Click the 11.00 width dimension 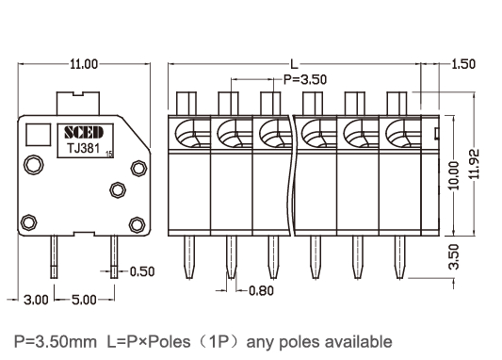pos(83,64)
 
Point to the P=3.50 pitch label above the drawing pos(304,80)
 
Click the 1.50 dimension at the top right pos(462,64)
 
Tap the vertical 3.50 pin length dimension pos(454,253)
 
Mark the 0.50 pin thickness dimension pos(141,271)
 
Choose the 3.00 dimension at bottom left pos(36,300)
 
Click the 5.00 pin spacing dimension pos(84,300)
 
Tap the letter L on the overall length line pos(293,64)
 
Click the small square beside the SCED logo pos(39,133)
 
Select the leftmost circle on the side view pos(33,165)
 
